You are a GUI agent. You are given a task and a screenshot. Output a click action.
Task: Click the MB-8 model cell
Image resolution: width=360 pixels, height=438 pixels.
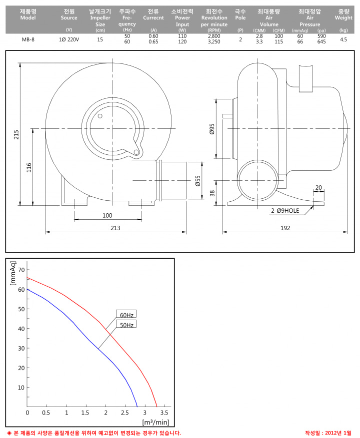pos(28,39)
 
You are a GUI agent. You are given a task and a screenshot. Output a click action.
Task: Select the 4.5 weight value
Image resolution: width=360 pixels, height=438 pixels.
pos(343,39)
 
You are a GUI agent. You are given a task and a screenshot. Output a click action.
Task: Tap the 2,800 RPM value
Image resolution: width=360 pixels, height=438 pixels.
pos(214,36)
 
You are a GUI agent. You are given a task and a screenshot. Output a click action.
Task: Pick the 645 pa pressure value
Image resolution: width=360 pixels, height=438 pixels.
pos(321,41)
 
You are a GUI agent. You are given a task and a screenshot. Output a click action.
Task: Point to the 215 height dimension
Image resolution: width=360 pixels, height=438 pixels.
pos(16,135)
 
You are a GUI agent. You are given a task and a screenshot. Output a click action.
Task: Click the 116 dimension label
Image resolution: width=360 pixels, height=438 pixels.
pos(29,168)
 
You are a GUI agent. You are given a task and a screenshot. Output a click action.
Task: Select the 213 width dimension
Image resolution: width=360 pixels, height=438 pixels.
pos(115,228)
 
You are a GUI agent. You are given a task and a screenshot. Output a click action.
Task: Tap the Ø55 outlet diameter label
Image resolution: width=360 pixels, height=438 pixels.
pos(198,181)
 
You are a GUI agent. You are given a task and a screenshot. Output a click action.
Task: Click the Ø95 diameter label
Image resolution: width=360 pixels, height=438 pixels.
pos(212,129)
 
